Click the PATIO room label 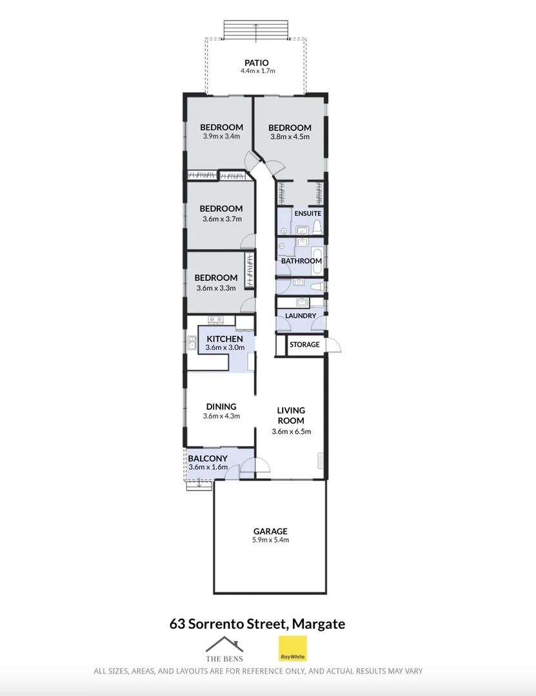[x=256, y=63]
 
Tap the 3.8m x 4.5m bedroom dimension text [x=290, y=137]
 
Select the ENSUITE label [x=308, y=213]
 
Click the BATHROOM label [x=301, y=261]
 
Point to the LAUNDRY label [x=301, y=316]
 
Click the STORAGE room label [x=304, y=345]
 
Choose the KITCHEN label [x=224, y=339]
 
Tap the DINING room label [x=221, y=407]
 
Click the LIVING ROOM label [x=291, y=415]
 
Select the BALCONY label [x=207, y=459]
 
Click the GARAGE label [x=270, y=531]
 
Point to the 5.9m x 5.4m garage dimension [x=270, y=540]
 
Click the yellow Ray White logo [x=292, y=649]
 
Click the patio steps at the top [x=256, y=29]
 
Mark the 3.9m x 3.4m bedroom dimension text [x=221, y=137]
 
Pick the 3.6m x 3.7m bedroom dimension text [x=221, y=218]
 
